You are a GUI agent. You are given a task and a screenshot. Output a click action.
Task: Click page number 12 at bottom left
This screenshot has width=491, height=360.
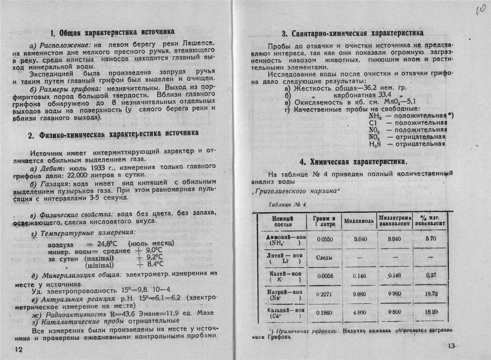[x=19, y=349]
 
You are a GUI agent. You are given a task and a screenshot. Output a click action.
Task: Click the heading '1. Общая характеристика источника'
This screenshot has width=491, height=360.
[x=113, y=32]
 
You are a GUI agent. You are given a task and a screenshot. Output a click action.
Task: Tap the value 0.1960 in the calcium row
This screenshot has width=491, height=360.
[x=324, y=312]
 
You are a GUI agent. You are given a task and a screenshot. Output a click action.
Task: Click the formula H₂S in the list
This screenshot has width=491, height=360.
[x=374, y=144]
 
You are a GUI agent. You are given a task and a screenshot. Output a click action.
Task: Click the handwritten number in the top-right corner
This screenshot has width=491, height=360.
[x=480, y=9]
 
